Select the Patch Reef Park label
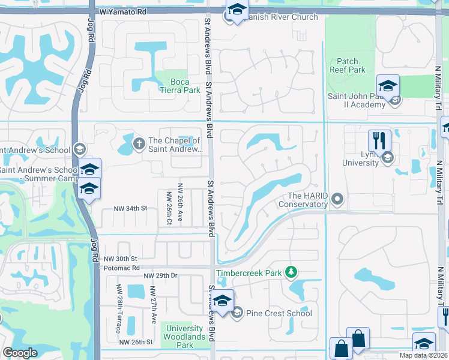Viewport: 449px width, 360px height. pos(347,65)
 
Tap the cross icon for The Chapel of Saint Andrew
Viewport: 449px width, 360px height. pos(139,142)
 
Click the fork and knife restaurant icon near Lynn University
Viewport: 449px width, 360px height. pos(379,141)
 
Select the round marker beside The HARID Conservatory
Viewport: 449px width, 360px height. pos(337,198)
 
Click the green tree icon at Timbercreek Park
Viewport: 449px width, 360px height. pos(291,272)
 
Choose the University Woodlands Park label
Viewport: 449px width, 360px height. pos(185,337)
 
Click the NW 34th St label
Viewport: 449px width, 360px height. pos(131,208)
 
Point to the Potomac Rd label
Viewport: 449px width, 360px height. pos(120,268)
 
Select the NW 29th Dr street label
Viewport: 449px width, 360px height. pos(160,275)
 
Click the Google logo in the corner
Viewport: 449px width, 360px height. pos(20,353)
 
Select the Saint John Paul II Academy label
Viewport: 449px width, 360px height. pos(356,100)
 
